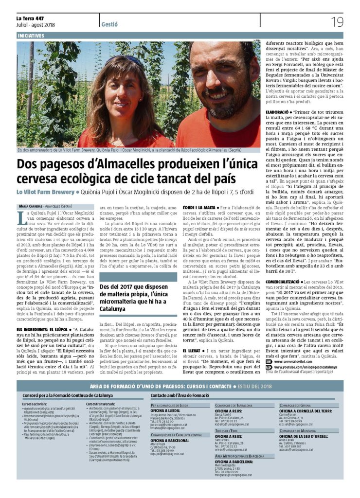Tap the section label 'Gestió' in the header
pos(110,24)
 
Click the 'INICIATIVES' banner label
pos(31,36)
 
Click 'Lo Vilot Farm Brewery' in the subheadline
pos(45,192)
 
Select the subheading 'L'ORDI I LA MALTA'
pos(199,208)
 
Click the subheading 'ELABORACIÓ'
pos(278,112)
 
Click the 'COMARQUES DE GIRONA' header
pos(296,405)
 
